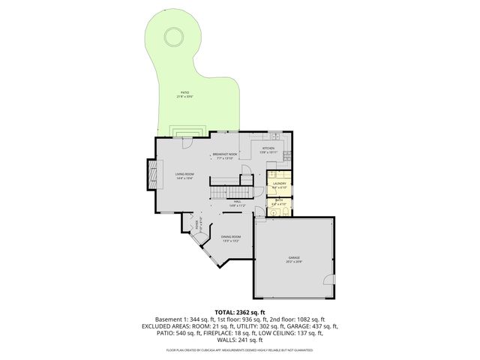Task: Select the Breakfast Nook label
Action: (x=226, y=155)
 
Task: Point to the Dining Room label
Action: (x=230, y=239)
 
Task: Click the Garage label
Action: (x=292, y=259)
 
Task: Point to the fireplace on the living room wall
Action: (x=153, y=175)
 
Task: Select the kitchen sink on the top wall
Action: (x=275, y=138)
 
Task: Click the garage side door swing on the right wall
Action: (x=327, y=280)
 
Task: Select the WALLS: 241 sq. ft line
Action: (x=240, y=340)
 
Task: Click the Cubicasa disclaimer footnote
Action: (x=240, y=349)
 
